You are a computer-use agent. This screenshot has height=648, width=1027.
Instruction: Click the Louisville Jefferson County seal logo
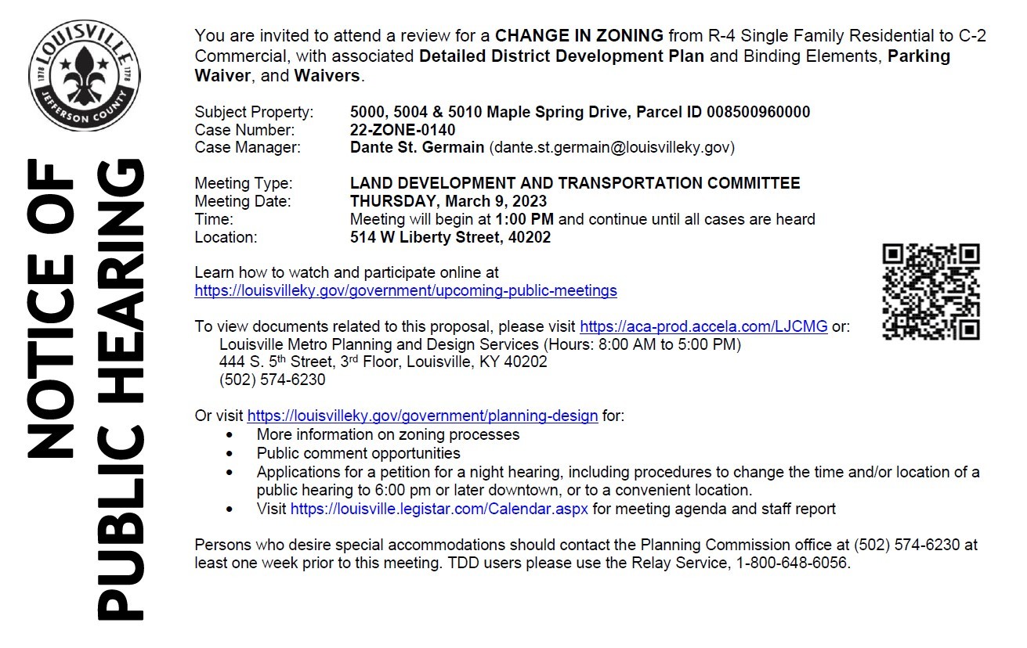pyautogui.click(x=85, y=76)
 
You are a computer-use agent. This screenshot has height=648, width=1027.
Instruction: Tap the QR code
pyautogui.click(x=931, y=291)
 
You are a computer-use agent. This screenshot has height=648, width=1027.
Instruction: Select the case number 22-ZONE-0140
pyautogui.click(x=402, y=130)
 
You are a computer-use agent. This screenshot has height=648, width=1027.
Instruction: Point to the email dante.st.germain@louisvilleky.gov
pyautogui.click(x=611, y=147)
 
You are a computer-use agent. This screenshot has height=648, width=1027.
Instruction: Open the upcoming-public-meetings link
pyautogui.click(x=405, y=291)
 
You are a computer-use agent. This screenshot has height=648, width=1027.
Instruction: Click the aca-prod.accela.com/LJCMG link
pyautogui.click(x=703, y=326)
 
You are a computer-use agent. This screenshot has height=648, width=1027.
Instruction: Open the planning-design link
pyautogui.click(x=422, y=416)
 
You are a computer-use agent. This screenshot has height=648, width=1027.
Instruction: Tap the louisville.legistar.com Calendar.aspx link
pyautogui.click(x=439, y=509)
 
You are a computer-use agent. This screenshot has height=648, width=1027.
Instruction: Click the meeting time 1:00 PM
pyautogui.click(x=524, y=219)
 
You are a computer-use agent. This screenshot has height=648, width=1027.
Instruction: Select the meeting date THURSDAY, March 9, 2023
pyautogui.click(x=448, y=201)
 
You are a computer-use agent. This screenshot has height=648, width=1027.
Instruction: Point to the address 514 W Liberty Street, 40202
pyautogui.click(x=450, y=237)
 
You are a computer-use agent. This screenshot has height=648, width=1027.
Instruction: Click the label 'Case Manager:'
pyautogui.click(x=247, y=147)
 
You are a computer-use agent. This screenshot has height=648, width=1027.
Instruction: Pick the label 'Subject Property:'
pyautogui.click(x=254, y=112)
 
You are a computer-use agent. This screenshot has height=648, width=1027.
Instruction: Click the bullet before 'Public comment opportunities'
pyautogui.click(x=229, y=454)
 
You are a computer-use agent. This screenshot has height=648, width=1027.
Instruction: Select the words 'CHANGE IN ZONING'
pyautogui.click(x=579, y=36)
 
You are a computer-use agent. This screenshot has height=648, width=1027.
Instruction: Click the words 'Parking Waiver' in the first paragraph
pyautogui.click(x=918, y=56)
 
